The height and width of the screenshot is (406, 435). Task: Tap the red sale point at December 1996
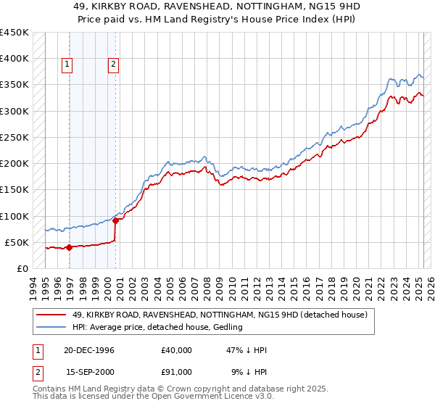[x=69, y=247]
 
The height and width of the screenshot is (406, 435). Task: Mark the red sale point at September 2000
[x=115, y=220]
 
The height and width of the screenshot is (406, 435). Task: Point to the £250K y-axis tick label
[x=14, y=137]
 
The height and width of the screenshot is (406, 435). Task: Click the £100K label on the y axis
[x=14, y=216]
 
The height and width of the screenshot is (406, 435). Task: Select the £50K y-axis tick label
[x=17, y=242]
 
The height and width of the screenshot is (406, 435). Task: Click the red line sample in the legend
[x=50, y=315]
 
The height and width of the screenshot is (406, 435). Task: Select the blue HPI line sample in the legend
[x=50, y=327]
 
